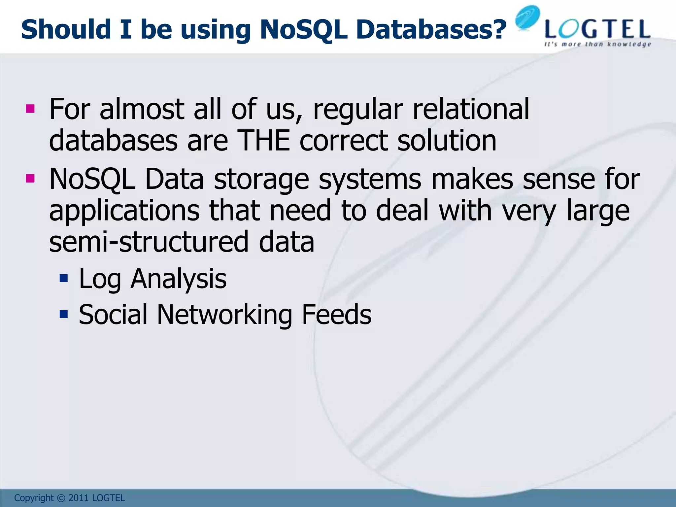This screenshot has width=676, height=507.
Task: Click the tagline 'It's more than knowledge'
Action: click(x=597, y=44)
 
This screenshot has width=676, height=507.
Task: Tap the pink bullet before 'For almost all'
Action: click(x=30, y=109)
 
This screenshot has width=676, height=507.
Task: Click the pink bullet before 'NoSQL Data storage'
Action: click(x=30, y=179)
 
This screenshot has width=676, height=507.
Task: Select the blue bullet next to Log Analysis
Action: click(x=63, y=279)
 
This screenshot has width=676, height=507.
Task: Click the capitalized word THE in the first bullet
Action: click(x=263, y=141)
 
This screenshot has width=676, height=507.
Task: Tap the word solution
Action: click(x=447, y=141)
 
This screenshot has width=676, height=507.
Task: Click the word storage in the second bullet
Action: click(x=261, y=180)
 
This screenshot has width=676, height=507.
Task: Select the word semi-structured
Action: click(x=149, y=242)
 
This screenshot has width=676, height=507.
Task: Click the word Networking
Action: click(x=224, y=315)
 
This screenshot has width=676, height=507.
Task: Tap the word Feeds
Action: click(x=337, y=315)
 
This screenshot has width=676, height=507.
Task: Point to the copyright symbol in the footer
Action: click(x=61, y=498)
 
